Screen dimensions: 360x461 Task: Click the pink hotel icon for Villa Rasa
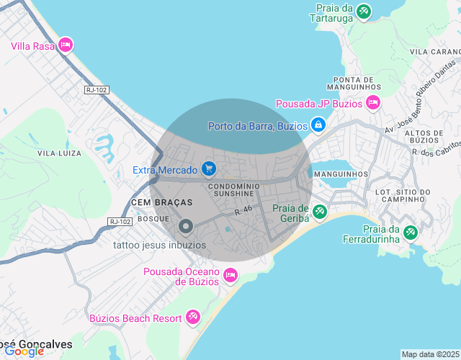coord(66,45)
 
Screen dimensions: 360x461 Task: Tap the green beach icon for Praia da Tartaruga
coord(364,12)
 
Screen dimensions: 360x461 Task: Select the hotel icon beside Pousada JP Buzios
coord(373,103)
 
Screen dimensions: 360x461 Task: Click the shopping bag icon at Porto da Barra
coord(317,125)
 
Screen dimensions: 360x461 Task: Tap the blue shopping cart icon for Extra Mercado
coord(208,169)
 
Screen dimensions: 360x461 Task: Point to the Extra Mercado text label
coord(165,170)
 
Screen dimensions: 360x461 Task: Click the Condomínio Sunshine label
coord(230,189)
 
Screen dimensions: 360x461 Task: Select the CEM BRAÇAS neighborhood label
coord(162,203)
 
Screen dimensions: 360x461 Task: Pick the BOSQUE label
coord(153,218)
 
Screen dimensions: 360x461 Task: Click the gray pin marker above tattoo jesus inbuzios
coord(186,227)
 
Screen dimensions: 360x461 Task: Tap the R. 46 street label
coord(243,211)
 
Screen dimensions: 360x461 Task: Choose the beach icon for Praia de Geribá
coord(319,212)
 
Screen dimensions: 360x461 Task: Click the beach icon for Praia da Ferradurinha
coord(411,233)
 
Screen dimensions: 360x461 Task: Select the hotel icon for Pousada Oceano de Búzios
coord(230,274)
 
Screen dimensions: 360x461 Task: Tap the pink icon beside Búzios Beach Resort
coord(192,317)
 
